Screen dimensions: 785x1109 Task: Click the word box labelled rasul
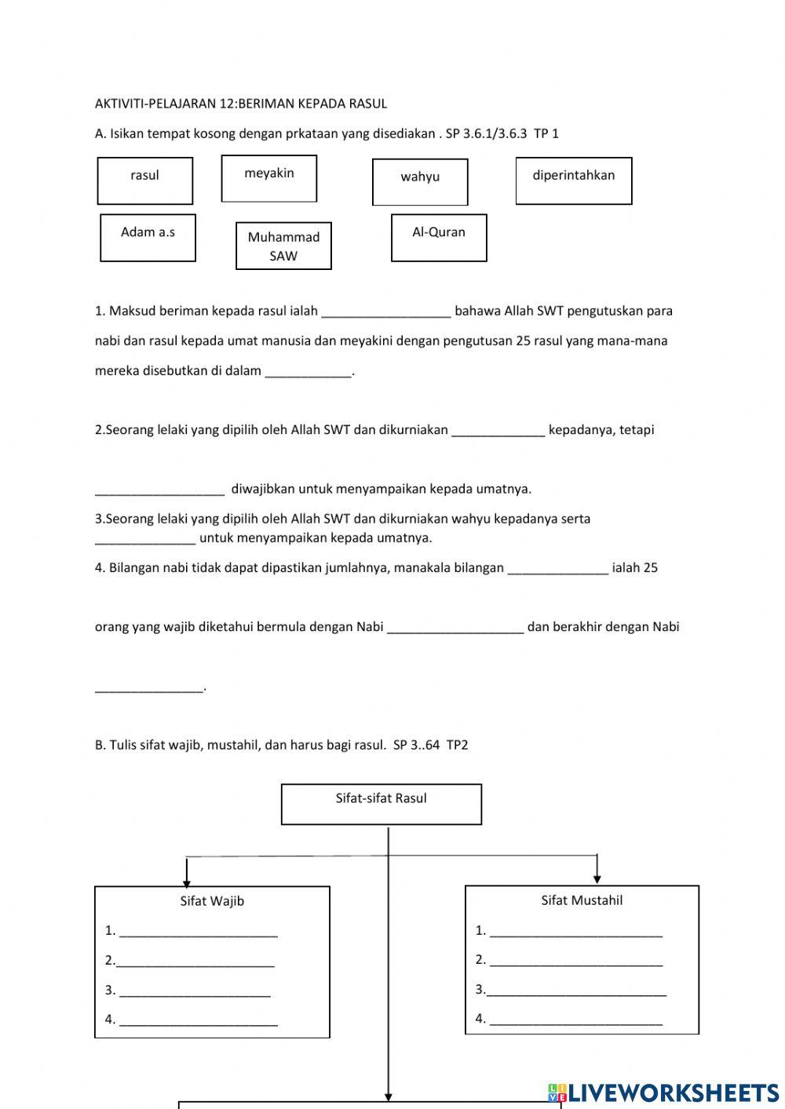pos(145,181)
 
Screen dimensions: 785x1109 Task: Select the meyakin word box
pos(269,178)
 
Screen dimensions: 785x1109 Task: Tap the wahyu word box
pos(420,182)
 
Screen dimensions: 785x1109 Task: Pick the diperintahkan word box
pos(574,181)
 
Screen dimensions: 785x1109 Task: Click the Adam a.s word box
pos(148,238)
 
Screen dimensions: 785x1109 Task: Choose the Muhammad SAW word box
pos(284,246)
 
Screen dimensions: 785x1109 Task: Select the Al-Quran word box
pos(439,238)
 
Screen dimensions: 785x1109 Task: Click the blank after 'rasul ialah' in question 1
pos(386,316)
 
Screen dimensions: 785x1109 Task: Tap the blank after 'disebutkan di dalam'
pos(308,376)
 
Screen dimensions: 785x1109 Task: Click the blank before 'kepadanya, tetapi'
pos(498,435)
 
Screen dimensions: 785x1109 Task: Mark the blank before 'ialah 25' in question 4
pos(558,573)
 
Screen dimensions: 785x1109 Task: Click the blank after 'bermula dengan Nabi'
pos(455,632)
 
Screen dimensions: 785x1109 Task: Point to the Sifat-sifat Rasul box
pos(382,804)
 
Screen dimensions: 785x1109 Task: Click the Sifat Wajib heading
pos(212,900)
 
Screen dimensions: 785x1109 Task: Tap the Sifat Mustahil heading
pos(582,900)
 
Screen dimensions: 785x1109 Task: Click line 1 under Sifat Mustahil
pos(576,936)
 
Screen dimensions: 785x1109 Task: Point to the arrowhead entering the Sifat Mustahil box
pos(597,880)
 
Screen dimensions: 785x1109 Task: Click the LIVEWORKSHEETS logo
pos(663,1093)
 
